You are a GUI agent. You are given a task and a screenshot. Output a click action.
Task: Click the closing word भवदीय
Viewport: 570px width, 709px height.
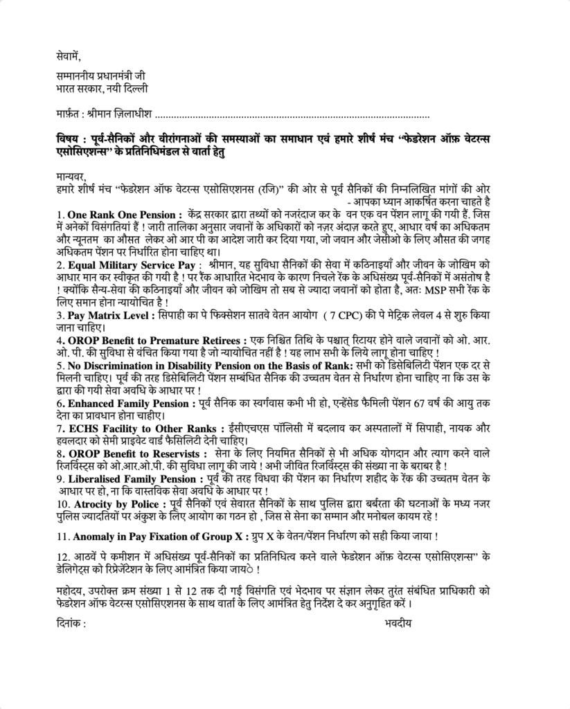[398, 622]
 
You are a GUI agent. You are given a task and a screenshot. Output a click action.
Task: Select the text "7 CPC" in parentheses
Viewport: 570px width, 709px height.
[340, 314]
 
